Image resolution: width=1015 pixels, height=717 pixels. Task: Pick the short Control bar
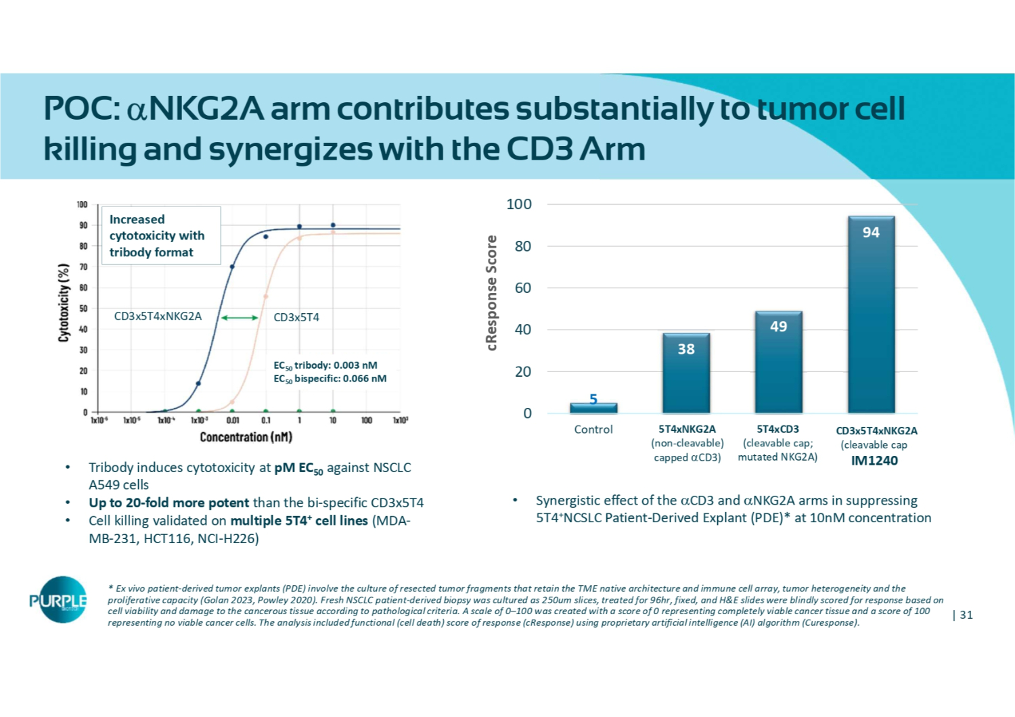(593, 408)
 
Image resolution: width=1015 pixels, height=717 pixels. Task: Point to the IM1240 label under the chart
(874, 461)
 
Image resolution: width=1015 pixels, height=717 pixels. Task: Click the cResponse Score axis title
(492, 293)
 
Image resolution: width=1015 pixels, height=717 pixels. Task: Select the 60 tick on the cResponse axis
(523, 288)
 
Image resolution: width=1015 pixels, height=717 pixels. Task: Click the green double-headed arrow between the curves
(240, 317)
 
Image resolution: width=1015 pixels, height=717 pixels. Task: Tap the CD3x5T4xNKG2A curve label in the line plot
(158, 317)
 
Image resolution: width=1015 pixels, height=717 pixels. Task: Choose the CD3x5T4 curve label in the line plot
(296, 317)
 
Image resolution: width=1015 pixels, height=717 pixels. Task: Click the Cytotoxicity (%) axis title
(64, 302)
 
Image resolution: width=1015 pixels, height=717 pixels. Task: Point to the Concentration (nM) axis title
(246, 437)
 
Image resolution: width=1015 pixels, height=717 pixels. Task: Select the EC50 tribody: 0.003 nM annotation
(325, 365)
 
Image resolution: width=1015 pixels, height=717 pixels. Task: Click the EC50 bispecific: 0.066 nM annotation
(330, 379)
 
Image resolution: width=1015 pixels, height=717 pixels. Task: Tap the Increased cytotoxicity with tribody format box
(160, 235)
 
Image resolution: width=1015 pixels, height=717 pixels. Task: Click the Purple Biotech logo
(59, 600)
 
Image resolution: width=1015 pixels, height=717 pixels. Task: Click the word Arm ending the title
(612, 149)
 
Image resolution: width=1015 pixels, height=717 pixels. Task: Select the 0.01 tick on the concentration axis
(232, 421)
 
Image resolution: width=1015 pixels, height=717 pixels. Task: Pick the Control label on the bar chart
(593, 430)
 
